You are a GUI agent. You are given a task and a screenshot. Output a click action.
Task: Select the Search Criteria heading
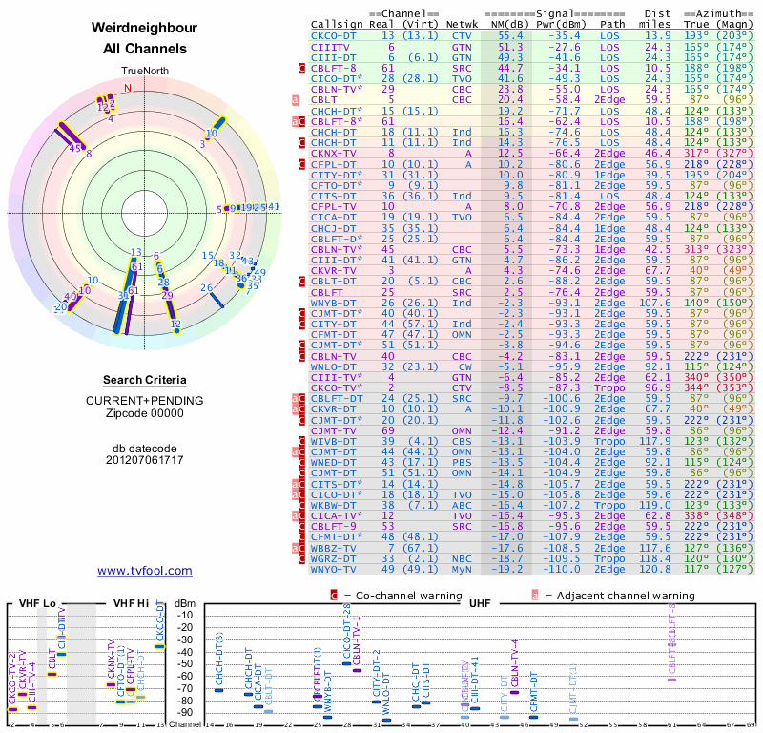pyautogui.click(x=144, y=380)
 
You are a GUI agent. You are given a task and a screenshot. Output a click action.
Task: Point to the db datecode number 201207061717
pyautogui.click(x=144, y=460)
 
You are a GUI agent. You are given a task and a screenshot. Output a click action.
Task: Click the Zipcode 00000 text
pyautogui.click(x=144, y=413)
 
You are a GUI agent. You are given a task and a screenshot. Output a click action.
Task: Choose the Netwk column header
pyautogui.click(x=462, y=23)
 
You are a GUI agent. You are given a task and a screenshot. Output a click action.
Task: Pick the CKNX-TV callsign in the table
pyautogui.click(x=334, y=152)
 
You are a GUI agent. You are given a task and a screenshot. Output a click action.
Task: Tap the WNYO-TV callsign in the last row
pyautogui.click(x=334, y=569)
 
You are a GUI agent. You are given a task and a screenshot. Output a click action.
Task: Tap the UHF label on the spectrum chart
pyautogui.click(x=479, y=603)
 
